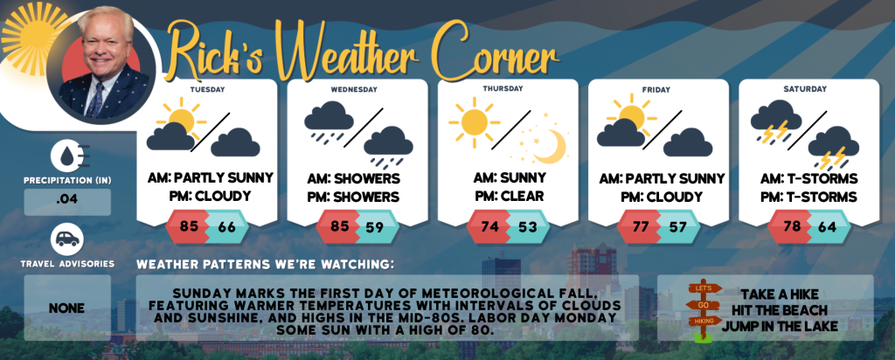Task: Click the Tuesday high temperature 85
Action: click(x=189, y=226)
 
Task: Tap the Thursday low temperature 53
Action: click(x=528, y=226)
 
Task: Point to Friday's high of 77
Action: click(x=641, y=226)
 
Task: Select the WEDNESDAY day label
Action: click(x=354, y=90)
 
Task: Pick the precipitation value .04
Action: click(x=67, y=202)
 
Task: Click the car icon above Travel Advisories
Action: click(x=67, y=239)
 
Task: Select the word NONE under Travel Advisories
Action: click(x=66, y=308)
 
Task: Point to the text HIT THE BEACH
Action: click(x=779, y=311)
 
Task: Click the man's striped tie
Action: click(x=96, y=100)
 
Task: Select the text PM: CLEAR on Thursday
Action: click(x=510, y=197)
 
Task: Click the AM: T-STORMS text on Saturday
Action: click(x=808, y=178)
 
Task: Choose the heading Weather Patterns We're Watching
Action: click(x=266, y=265)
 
